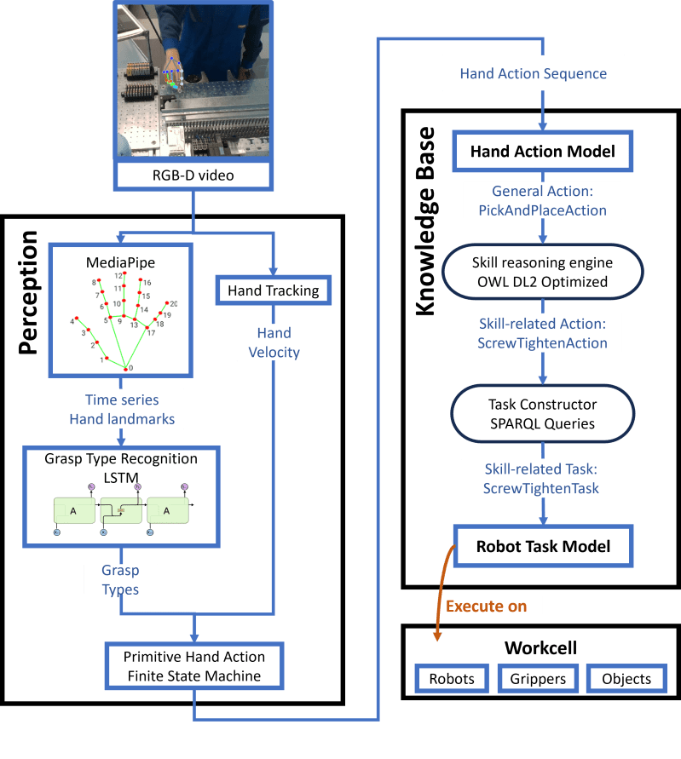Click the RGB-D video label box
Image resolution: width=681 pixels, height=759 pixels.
click(x=192, y=176)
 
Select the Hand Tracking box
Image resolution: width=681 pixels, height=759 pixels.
click(x=273, y=290)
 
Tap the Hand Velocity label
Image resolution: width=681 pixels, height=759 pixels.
click(x=274, y=342)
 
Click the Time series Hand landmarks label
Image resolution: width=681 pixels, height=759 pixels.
click(x=122, y=409)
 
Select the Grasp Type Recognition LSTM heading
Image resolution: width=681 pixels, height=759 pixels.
click(x=120, y=467)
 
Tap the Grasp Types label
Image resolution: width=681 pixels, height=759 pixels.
click(x=120, y=579)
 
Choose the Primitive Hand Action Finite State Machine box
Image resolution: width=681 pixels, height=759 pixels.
click(x=194, y=666)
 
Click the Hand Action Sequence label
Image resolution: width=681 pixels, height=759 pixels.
click(x=533, y=73)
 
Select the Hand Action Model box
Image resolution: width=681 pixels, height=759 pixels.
click(x=541, y=152)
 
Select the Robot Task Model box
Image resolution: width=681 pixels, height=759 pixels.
click(x=543, y=546)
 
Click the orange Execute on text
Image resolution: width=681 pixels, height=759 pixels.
click(x=486, y=607)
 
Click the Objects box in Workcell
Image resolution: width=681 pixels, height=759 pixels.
click(x=626, y=679)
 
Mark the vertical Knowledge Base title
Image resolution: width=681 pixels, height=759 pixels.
click(x=425, y=221)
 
